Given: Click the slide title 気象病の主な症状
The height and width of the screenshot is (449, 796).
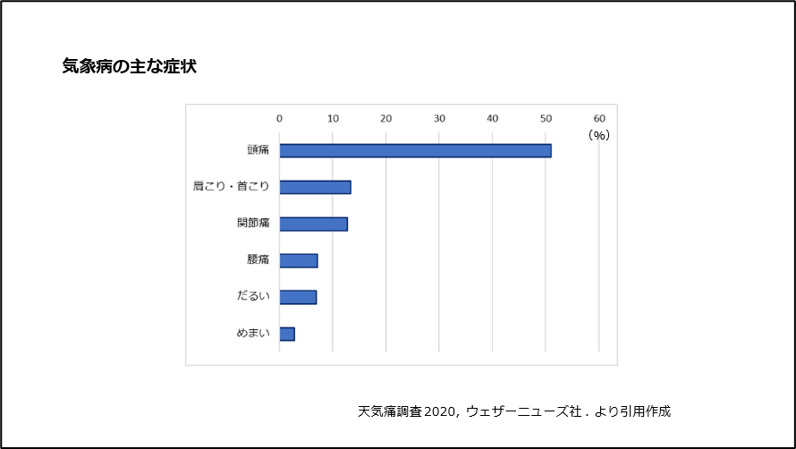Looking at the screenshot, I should click(129, 67).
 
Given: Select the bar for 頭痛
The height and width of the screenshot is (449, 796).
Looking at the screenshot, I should click(415, 150).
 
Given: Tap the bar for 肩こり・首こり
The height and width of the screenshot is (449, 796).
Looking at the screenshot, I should click(315, 187).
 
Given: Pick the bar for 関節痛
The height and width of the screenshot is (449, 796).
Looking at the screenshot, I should click(313, 224).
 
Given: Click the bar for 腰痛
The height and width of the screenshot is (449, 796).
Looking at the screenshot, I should click(299, 260).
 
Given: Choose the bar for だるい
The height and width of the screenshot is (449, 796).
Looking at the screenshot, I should click(298, 297).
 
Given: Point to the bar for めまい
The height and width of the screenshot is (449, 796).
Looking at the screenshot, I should click(287, 334).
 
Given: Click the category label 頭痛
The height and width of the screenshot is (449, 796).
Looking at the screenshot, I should click(258, 150).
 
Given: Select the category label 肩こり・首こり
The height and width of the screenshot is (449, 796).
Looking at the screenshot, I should click(231, 187).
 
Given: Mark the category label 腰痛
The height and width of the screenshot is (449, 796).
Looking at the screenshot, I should click(258, 260).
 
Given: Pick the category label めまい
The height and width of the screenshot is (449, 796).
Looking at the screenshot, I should click(253, 334).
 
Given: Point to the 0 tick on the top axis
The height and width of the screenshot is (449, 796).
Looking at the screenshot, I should click(279, 118).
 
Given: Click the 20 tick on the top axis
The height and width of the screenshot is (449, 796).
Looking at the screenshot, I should click(386, 118).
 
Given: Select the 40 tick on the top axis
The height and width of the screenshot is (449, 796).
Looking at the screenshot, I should click(493, 118).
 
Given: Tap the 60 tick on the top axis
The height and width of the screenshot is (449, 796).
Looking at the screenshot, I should click(599, 118).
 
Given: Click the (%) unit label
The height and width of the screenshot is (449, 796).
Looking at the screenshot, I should click(598, 135).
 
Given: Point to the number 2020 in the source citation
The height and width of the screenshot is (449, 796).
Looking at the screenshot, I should click(440, 412).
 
